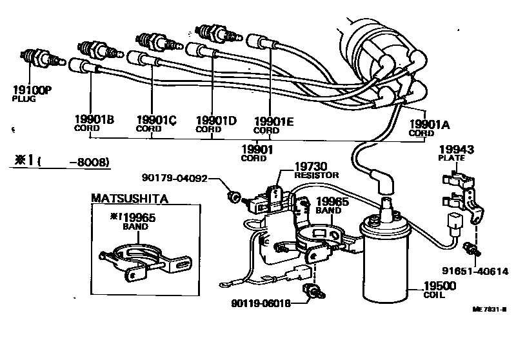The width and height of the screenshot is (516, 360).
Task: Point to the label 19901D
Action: click(x=216, y=119)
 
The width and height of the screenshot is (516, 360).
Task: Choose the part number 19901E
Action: click(x=274, y=120)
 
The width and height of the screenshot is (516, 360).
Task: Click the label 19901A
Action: click(x=428, y=124)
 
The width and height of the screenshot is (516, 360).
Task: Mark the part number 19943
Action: click(x=456, y=149)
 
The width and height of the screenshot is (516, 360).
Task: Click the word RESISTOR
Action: click(x=317, y=175)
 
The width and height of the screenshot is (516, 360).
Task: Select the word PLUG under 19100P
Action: click(x=24, y=99)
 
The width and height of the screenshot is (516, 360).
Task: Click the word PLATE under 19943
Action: click(x=451, y=158)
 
